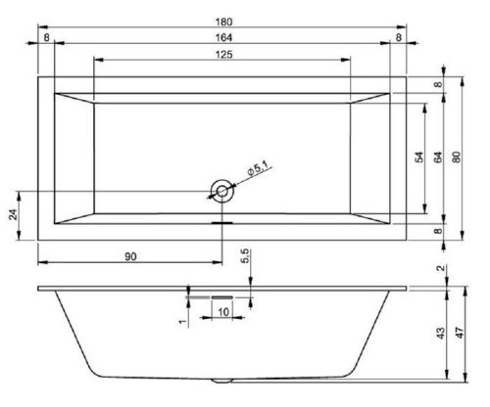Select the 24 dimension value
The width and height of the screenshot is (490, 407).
[x=14, y=213]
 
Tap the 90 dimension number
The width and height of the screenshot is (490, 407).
[x=130, y=256]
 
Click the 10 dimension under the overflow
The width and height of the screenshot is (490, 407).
[x=223, y=312]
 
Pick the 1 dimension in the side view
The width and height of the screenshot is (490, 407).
[x=183, y=320]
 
